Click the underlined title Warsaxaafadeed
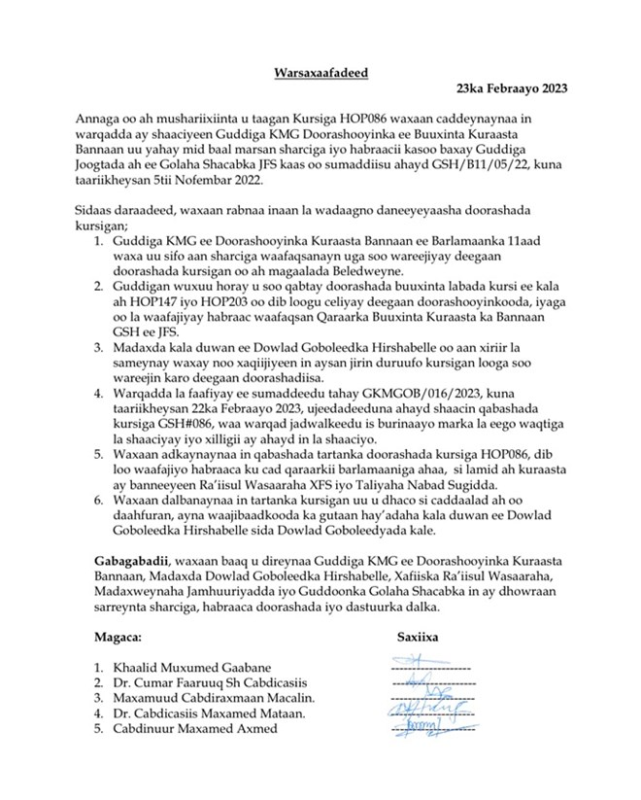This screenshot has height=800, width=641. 320,71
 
